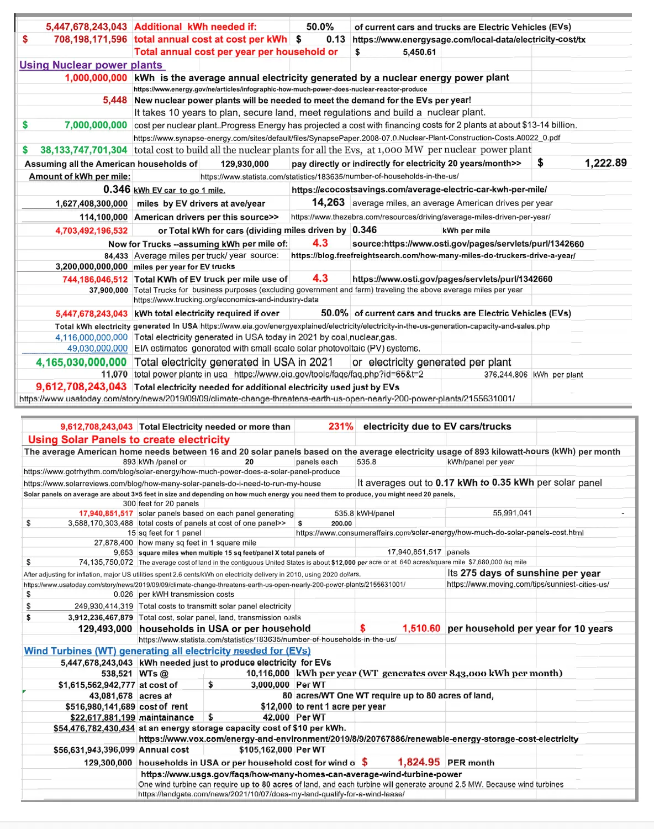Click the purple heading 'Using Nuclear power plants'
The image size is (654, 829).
point(91,65)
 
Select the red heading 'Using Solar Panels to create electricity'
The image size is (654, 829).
point(129,439)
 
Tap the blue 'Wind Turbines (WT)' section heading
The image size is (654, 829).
point(167,651)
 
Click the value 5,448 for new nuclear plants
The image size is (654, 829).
point(115,100)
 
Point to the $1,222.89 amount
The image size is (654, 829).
point(605,163)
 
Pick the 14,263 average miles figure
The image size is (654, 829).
point(328,203)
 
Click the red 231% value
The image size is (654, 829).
point(341,426)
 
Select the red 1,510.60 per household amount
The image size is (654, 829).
point(421,628)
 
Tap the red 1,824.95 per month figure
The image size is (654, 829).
point(419,762)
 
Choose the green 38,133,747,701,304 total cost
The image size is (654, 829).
point(83,150)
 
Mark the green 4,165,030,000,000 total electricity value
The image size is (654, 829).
point(81,362)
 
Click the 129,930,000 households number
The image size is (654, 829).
point(244,164)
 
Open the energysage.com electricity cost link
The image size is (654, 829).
point(468,39)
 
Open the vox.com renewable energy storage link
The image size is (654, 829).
point(358,739)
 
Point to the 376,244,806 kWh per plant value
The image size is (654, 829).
point(505,375)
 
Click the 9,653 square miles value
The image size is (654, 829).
point(123,552)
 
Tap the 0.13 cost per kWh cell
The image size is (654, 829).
point(335,39)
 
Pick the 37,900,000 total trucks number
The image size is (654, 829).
point(108,290)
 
